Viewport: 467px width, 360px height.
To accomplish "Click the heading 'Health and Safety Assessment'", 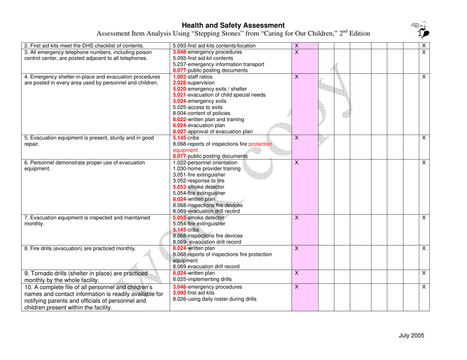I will point(233,25).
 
